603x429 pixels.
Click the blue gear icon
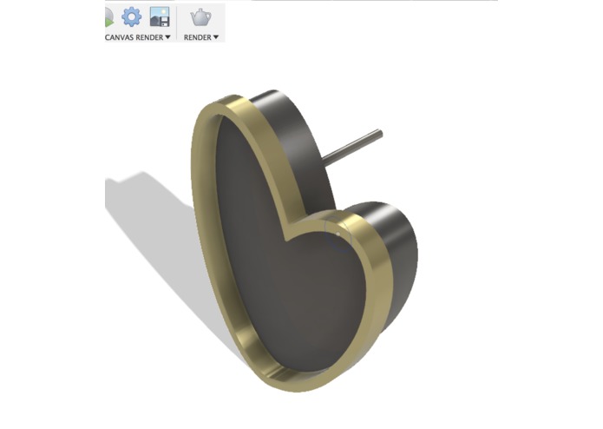click(x=131, y=16)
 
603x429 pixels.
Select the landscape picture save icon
click(x=159, y=16)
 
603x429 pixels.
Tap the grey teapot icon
click(x=200, y=16)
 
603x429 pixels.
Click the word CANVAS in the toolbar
click(x=120, y=37)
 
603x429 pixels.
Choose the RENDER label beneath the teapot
click(x=197, y=37)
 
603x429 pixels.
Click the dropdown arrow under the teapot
click(x=215, y=37)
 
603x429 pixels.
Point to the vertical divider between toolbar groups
click(x=177, y=23)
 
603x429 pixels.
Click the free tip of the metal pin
click(x=378, y=133)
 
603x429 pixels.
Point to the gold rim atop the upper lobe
click(x=234, y=103)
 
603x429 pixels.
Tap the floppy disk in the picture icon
click(x=163, y=21)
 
